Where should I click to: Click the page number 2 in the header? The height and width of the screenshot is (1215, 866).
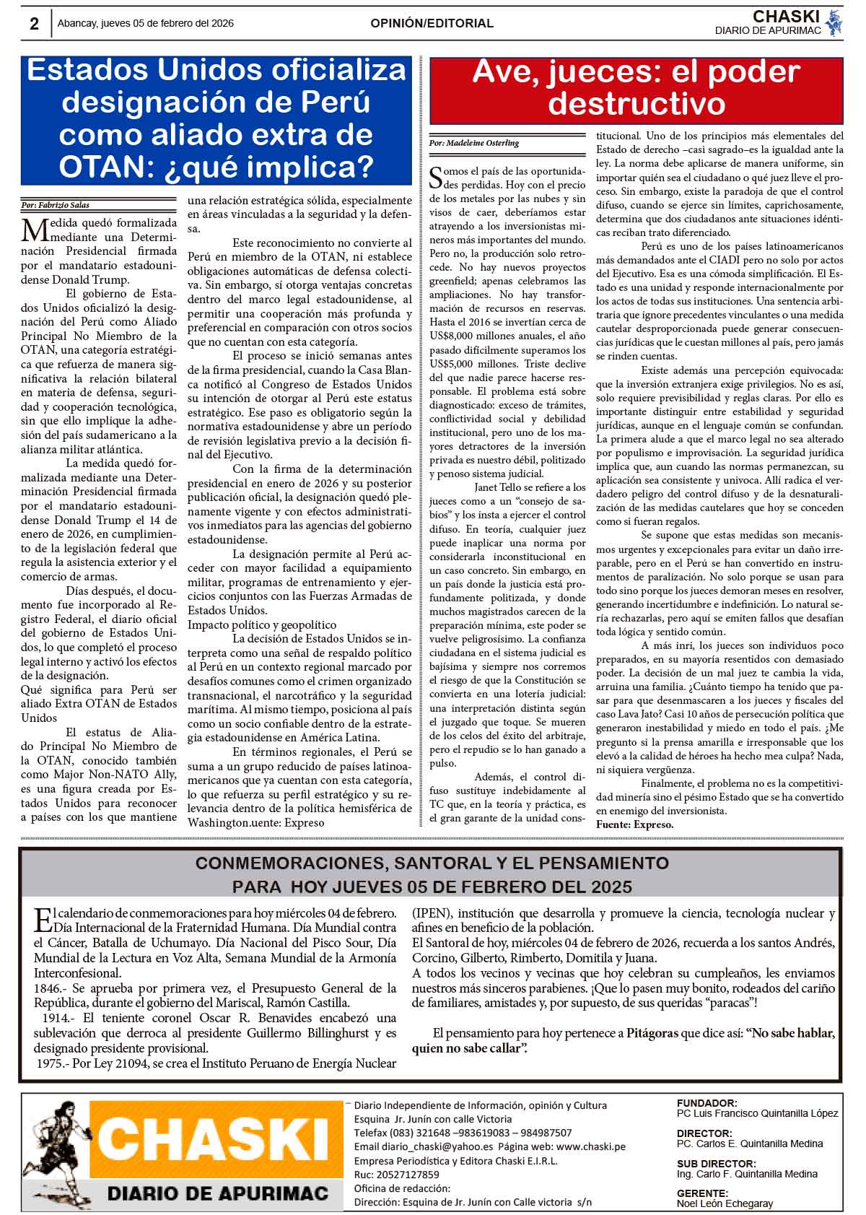[x=34, y=24]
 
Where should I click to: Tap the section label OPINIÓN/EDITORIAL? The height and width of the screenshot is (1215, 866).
[x=432, y=24]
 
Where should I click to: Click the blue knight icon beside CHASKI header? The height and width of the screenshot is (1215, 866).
[x=834, y=22]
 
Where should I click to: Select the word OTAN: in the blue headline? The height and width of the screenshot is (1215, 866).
[x=100, y=167]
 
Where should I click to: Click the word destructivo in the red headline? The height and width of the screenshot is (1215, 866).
[x=636, y=104]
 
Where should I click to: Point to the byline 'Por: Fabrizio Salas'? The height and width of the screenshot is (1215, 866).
[x=56, y=205]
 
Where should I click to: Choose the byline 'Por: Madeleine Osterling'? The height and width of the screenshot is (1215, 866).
[x=473, y=143]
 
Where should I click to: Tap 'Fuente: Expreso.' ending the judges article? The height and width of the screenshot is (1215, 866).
[x=634, y=824]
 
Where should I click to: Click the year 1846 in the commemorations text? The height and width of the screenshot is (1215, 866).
[x=48, y=988]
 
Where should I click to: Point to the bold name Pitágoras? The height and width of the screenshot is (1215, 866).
[x=652, y=1033]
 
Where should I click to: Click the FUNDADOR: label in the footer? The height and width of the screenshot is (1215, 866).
[x=707, y=1103]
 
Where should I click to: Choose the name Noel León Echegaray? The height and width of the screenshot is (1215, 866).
[x=725, y=1203]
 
